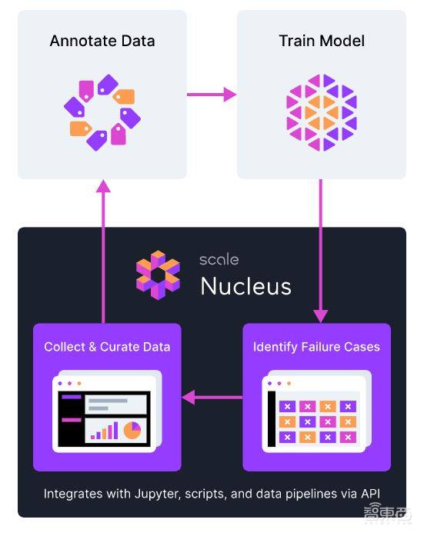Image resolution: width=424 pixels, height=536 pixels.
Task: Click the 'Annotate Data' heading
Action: [x=102, y=41]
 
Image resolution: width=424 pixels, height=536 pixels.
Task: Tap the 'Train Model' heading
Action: [x=322, y=41]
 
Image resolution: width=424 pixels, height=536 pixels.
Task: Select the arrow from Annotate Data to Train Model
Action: [x=212, y=95]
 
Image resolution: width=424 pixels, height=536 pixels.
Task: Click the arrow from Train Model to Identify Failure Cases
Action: [x=321, y=251]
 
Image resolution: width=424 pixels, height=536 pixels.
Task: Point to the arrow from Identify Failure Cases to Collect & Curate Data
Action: [x=212, y=398]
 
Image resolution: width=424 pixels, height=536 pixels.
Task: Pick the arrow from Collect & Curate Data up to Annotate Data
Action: [x=103, y=251]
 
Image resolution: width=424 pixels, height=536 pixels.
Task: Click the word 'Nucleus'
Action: [x=245, y=286]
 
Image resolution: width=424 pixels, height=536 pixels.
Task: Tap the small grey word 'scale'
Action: [x=219, y=260]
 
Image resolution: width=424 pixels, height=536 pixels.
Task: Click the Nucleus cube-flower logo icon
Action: [x=158, y=275]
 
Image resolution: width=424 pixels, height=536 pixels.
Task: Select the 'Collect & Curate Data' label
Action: [x=107, y=347]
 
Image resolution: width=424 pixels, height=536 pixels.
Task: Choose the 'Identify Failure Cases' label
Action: [x=316, y=347]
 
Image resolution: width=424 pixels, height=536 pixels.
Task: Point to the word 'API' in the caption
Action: [x=370, y=494]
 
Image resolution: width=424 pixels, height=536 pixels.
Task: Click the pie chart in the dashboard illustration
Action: [x=132, y=431]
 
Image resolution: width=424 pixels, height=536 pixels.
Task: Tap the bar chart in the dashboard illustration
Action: [x=105, y=431]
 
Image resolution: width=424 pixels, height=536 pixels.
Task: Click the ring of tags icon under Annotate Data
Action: [x=102, y=112]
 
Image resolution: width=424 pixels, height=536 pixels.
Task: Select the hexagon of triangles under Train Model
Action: [x=322, y=112]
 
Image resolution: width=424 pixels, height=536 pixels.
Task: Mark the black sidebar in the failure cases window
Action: [x=272, y=419]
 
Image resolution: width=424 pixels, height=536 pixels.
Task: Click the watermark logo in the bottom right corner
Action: [x=387, y=514]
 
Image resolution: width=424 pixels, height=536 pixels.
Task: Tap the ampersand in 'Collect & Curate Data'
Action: [x=92, y=347]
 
